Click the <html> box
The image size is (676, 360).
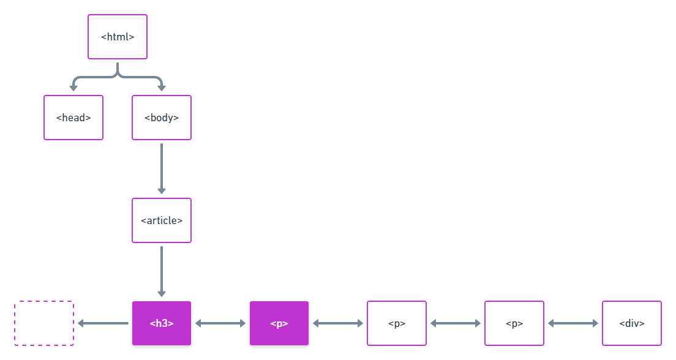pyautogui.click(x=118, y=37)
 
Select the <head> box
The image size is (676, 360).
pyautogui.click(x=73, y=118)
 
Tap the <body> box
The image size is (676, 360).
pyautogui.click(x=162, y=118)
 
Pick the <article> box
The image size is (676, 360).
pyautogui.click(x=162, y=220)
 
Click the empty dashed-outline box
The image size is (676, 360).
pyautogui.click(x=44, y=323)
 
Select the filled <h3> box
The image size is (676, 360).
pyautogui.click(x=162, y=323)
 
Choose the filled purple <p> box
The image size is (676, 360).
pyautogui.click(x=279, y=323)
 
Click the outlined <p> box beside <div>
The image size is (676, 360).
pyautogui.click(x=514, y=323)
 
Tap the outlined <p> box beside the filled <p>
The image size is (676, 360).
pyautogui.click(x=397, y=323)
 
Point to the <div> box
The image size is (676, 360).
pyautogui.click(x=632, y=323)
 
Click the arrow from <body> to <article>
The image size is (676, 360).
pyautogui.click(x=162, y=168)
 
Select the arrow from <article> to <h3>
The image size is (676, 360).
pyautogui.click(x=162, y=271)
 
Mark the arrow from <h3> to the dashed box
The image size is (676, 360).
pyautogui.click(x=103, y=323)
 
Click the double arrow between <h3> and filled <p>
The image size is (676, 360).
pyautogui.click(x=220, y=323)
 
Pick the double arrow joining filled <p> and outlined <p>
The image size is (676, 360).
pyautogui.click(x=338, y=323)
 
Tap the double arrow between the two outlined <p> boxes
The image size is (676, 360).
pyautogui.click(x=456, y=323)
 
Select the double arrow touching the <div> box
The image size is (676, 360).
pyautogui.click(x=573, y=323)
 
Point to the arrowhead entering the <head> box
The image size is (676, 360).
pyautogui.click(x=73, y=88)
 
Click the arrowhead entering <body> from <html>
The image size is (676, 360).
pyautogui.click(x=162, y=88)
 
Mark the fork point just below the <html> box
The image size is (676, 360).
pyautogui.click(x=118, y=75)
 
